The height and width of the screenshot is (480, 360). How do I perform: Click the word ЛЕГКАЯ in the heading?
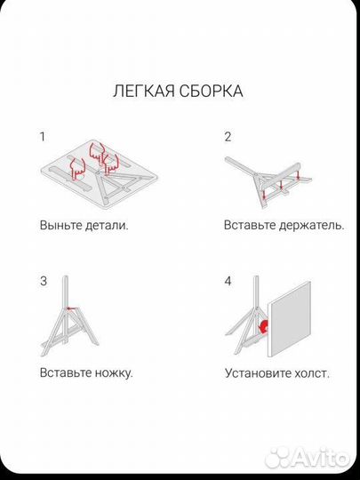[140, 91]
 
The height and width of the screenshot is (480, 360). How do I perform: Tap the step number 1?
[42, 137]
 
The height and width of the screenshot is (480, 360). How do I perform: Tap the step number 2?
[228, 137]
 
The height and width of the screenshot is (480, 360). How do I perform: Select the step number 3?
[43, 282]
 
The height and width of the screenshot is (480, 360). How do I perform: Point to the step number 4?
[228, 282]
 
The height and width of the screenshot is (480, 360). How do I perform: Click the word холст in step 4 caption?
[312, 372]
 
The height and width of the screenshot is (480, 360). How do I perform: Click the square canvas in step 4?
[291, 320]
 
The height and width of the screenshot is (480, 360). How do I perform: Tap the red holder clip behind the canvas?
[264, 327]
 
